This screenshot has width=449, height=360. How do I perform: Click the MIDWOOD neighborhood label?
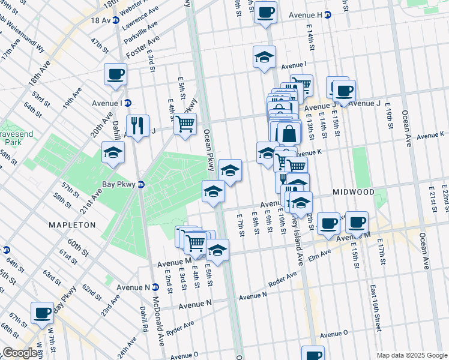(354, 192)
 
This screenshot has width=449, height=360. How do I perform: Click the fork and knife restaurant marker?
(137, 126)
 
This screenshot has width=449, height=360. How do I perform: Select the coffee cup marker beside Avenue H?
(265, 12)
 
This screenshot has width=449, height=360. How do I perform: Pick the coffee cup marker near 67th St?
(42, 313)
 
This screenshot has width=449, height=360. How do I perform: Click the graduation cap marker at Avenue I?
(264, 57)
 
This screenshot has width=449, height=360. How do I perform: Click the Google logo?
(20, 353)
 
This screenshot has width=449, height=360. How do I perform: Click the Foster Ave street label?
(146, 44)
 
